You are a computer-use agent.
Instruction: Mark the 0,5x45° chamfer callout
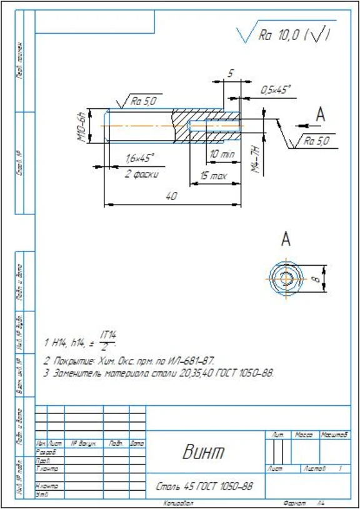[276, 90]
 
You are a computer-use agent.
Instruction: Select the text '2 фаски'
[141, 174]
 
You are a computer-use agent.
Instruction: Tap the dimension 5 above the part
[229, 74]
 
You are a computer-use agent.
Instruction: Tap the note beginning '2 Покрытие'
[128, 361]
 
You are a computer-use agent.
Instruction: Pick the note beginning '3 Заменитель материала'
[159, 373]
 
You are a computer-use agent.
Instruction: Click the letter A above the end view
[286, 238]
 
